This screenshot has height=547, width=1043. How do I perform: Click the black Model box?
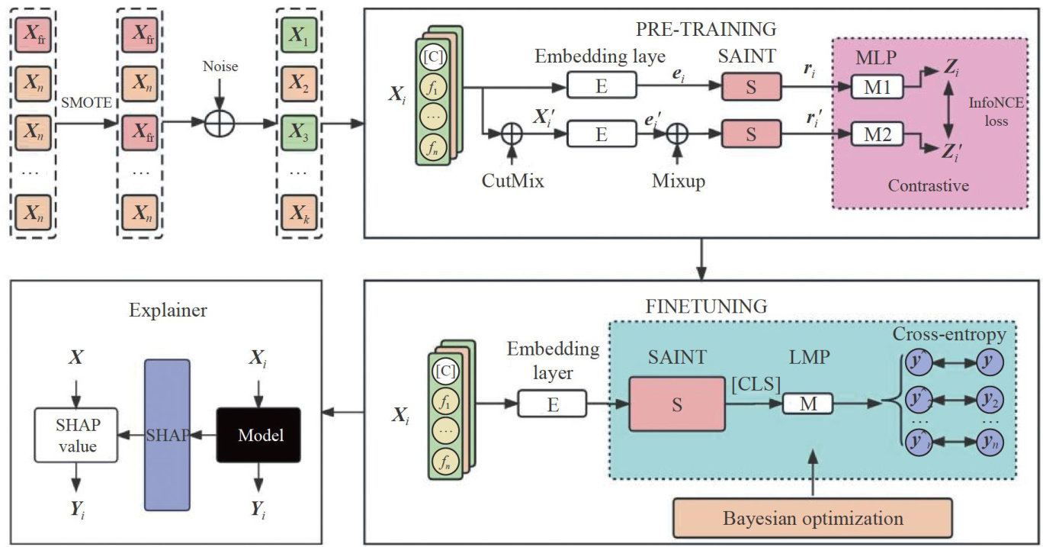(x=259, y=435)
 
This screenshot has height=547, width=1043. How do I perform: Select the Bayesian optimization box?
(x=814, y=518)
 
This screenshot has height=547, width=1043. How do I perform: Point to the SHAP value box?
(x=79, y=436)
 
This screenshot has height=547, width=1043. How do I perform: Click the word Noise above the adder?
(x=220, y=67)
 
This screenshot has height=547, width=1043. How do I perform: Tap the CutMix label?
(x=511, y=182)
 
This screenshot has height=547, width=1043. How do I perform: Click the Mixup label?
(x=677, y=182)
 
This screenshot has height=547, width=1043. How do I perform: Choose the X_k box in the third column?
(x=295, y=208)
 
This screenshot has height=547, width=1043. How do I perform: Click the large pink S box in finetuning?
(x=676, y=403)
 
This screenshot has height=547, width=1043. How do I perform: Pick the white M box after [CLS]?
(x=807, y=404)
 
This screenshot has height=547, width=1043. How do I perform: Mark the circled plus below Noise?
(x=220, y=122)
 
